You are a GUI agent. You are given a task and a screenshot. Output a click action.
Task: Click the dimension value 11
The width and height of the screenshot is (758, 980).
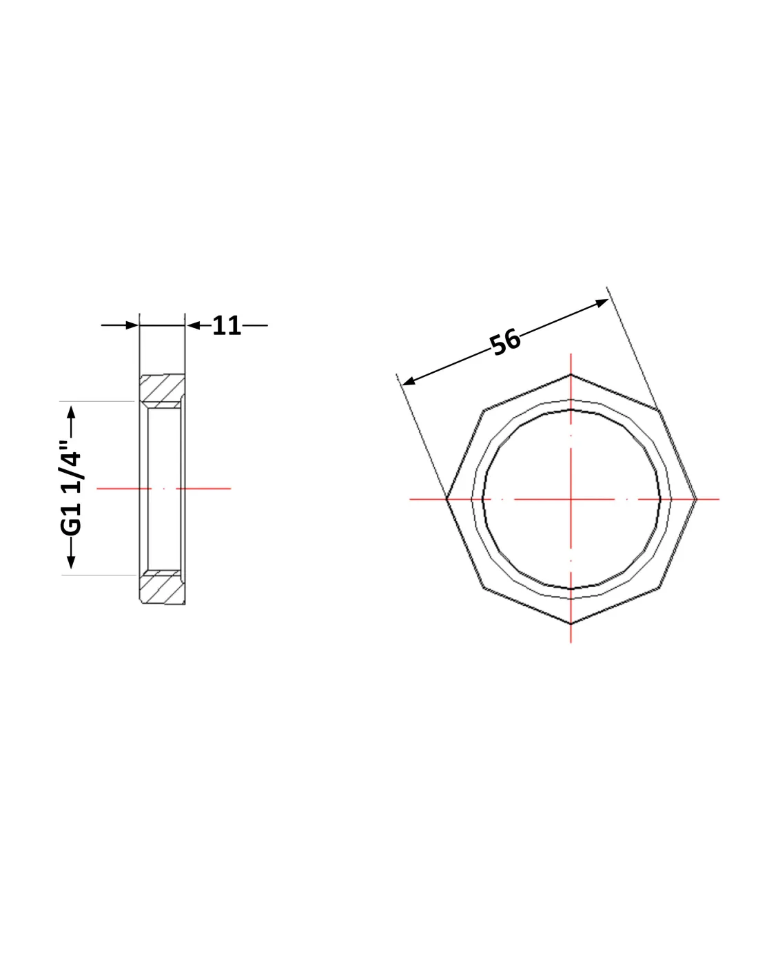[226, 325]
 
